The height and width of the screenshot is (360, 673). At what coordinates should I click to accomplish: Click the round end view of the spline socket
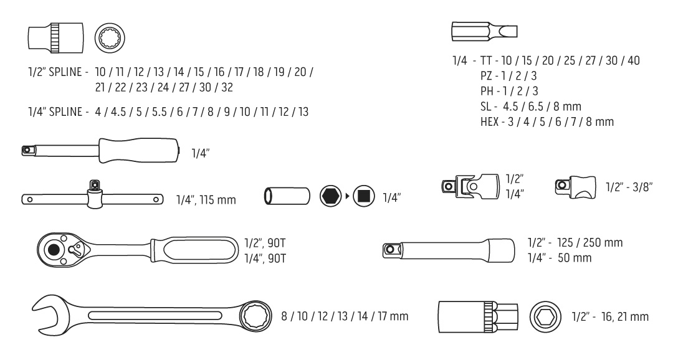tap(110, 38)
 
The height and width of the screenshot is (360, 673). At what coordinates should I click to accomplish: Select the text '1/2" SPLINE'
tap(55, 72)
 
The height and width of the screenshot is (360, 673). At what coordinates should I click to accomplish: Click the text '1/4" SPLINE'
tap(55, 111)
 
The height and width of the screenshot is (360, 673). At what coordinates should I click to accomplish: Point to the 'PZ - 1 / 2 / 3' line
tap(508, 76)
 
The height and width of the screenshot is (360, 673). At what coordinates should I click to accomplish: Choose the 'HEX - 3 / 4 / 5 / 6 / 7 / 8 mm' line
tap(547, 122)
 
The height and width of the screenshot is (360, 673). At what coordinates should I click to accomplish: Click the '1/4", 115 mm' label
tap(206, 199)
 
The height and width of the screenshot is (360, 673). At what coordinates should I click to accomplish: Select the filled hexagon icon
tap(330, 196)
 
